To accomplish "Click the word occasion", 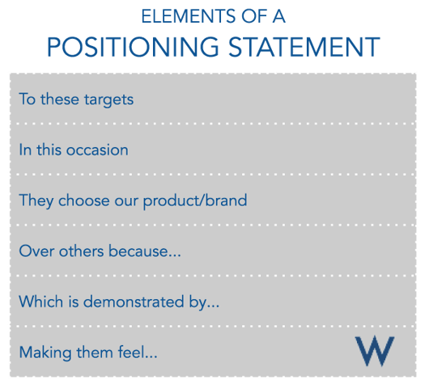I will tap(100, 150).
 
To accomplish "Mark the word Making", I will tap(42, 352).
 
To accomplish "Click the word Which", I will tap(37, 302).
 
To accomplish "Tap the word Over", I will tap(33, 251).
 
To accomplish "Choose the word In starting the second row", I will tap(24, 150).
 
